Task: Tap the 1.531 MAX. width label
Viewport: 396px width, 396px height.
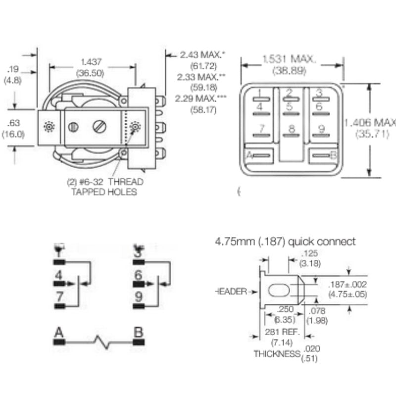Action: (x=289, y=59)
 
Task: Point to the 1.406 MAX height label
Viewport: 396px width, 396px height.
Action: (x=370, y=122)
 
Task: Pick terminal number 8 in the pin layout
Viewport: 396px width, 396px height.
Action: (x=292, y=129)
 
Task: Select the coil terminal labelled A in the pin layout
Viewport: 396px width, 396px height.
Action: (x=249, y=155)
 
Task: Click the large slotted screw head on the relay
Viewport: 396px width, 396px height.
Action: (x=99, y=127)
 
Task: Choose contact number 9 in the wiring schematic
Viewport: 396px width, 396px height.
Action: (x=138, y=297)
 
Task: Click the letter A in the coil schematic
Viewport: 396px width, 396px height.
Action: (x=59, y=332)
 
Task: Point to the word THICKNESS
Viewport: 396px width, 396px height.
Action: (x=277, y=354)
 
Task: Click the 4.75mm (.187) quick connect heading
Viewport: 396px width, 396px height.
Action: (x=285, y=242)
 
